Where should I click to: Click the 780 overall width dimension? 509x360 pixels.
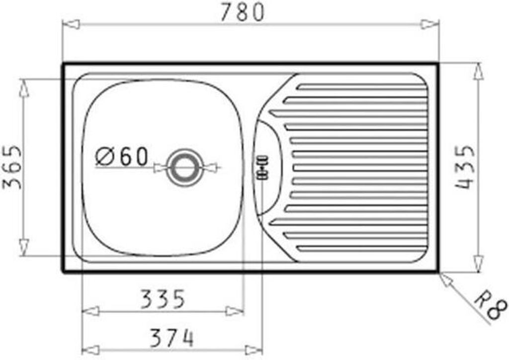coord(243,12)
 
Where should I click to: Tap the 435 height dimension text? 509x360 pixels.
coord(465,167)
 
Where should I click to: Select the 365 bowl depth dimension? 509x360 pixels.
coord(12,167)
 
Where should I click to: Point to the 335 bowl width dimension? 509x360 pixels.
coord(163,299)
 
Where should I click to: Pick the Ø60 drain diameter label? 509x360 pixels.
coord(122,156)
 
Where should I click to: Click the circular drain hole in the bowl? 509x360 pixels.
coord(185,168)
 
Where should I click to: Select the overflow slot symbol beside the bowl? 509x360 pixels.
coord(262,168)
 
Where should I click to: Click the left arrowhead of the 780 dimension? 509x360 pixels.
coord(71,24)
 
